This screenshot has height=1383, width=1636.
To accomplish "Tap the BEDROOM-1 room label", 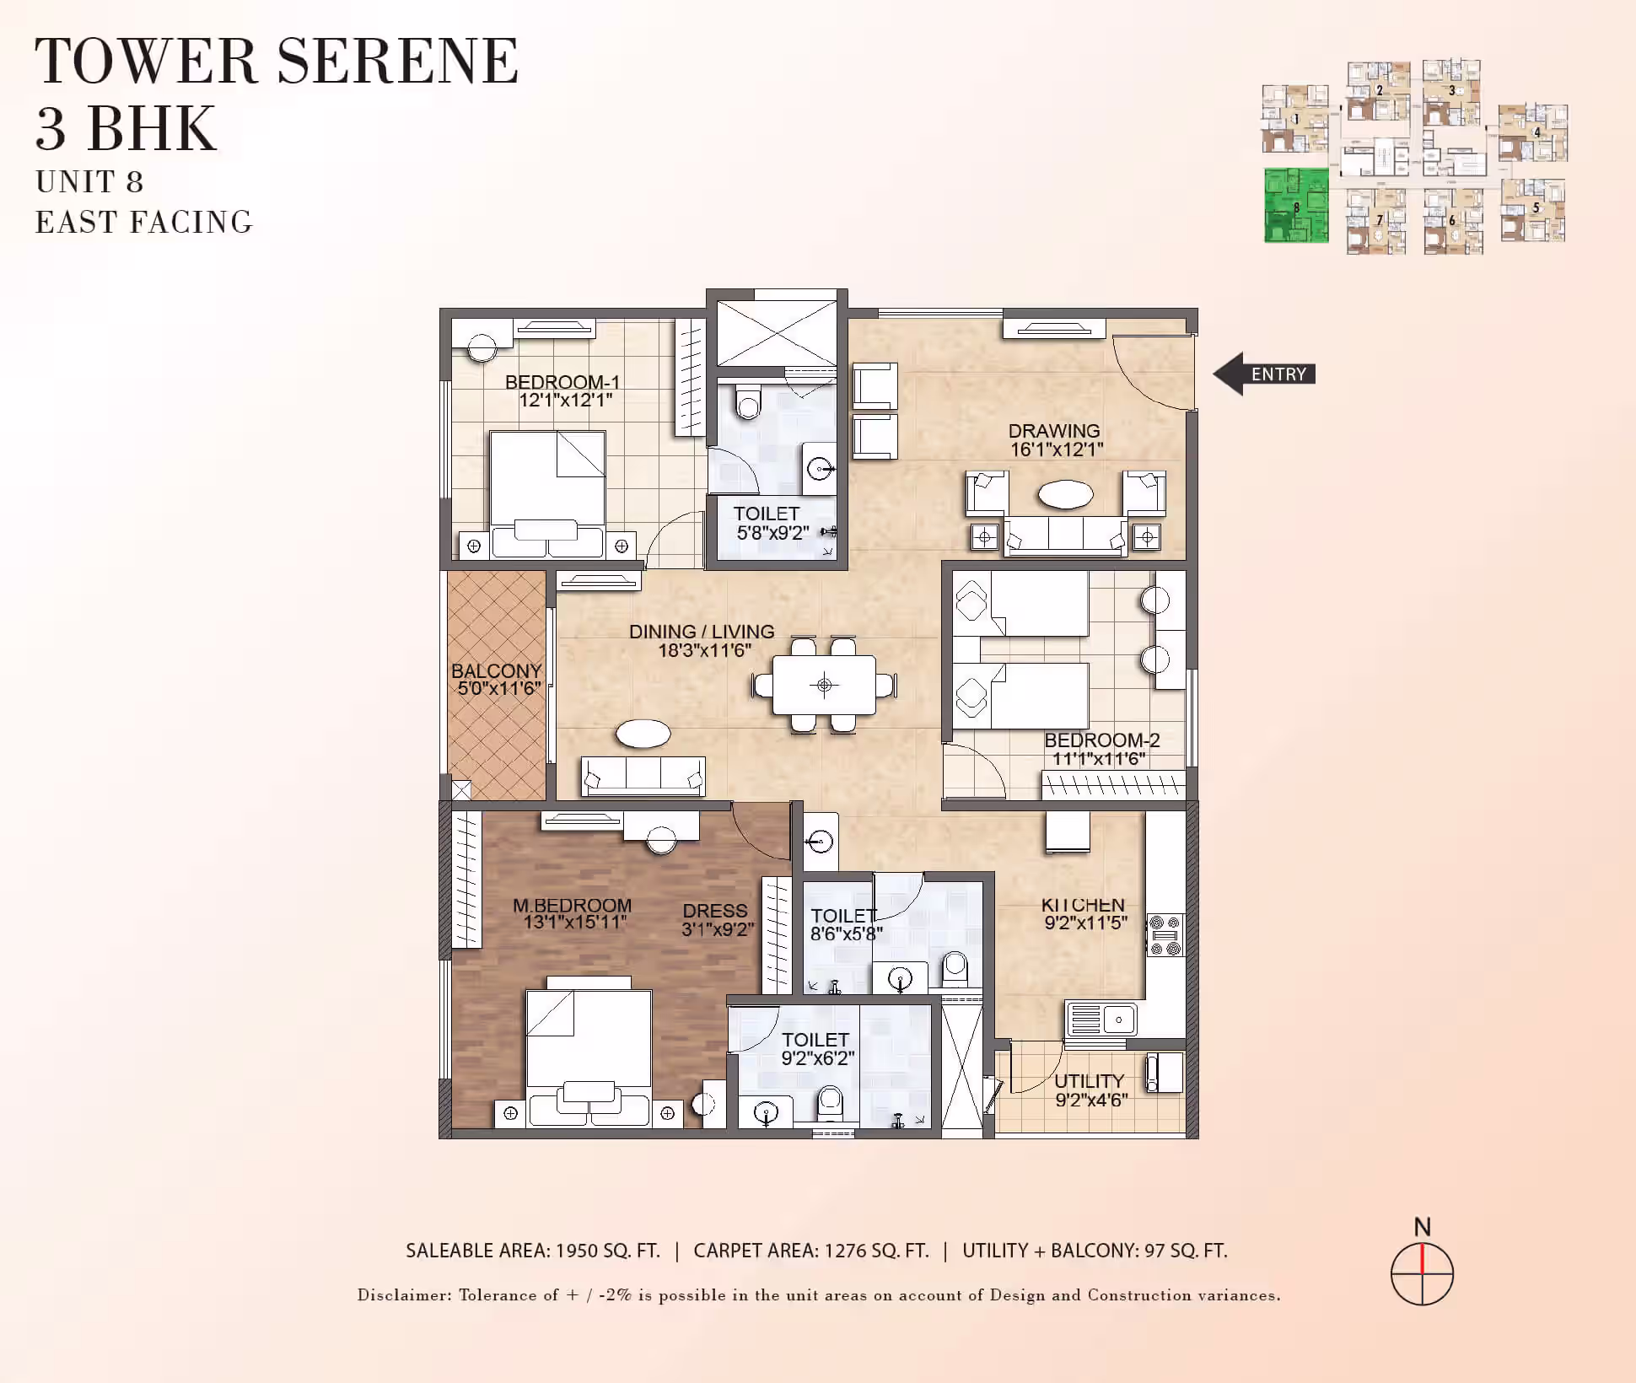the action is (562, 382).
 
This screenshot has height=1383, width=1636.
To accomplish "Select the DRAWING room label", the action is (1054, 431).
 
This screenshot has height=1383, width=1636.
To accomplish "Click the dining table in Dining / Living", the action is (825, 684).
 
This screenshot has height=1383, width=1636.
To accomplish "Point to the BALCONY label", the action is (496, 671).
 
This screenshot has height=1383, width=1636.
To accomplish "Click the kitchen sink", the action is (1101, 1019).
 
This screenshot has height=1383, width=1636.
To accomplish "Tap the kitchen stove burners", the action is (1165, 936).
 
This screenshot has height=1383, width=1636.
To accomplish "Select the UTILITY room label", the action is (1089, 1081).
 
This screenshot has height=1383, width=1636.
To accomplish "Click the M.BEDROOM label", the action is (572, 905).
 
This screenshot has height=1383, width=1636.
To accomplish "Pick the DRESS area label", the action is (715, 911).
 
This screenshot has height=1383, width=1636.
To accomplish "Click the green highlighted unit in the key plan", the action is (1296, 205).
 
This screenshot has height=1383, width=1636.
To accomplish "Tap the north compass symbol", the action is (1422, 1273).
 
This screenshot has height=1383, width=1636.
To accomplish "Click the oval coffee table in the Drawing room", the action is (1066, 494).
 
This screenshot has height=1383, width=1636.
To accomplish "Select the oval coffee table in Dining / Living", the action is (643, 734).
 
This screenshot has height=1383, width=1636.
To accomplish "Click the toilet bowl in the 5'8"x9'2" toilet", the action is (748, 402).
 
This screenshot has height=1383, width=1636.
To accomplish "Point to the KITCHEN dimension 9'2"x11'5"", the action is (1086, 923).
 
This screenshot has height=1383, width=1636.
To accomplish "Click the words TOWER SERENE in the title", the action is (277, 61).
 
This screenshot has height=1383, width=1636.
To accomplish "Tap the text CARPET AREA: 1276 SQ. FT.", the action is (811, 1251).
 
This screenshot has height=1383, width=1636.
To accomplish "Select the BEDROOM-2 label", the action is (1102, 740).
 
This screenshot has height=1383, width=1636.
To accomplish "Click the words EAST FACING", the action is (144, 222).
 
